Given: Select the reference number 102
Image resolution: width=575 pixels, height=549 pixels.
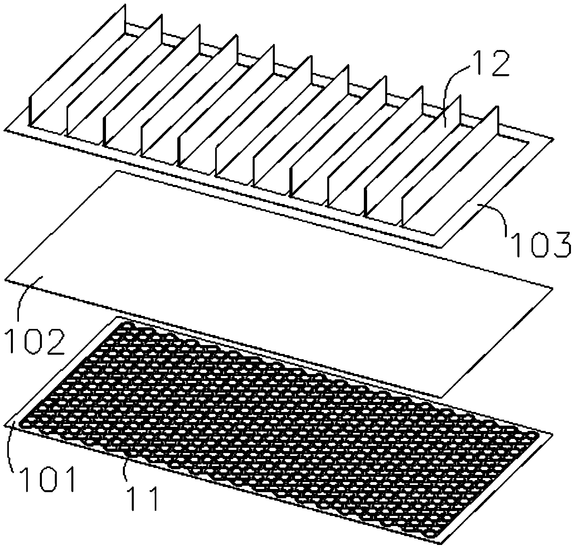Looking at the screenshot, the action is tap(35, 342).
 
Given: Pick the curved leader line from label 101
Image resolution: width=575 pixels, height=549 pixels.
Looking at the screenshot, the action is tap(9, 448).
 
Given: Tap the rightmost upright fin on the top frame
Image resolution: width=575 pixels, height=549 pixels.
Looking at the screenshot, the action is tap(451, 166).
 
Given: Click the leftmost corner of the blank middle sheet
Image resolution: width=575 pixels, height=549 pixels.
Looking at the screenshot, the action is tap(5, 280).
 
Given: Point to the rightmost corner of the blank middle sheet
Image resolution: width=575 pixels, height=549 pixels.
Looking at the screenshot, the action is tap(553, 288).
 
